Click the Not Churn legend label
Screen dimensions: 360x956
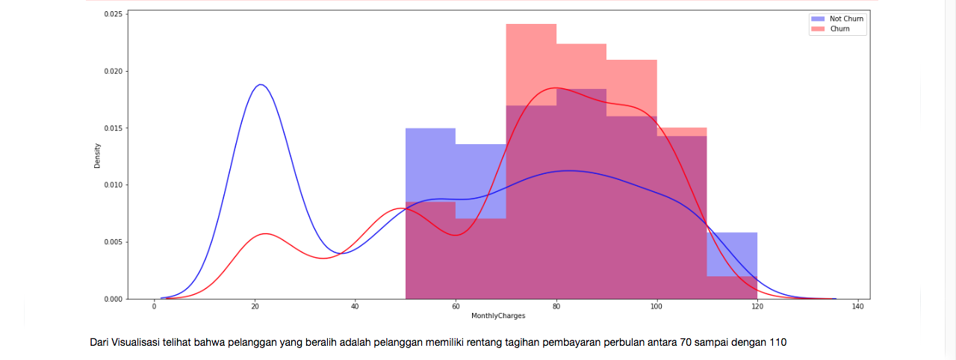point(846,19)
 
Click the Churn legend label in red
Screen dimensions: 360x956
point(839,29)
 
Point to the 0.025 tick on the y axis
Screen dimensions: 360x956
point(114,14)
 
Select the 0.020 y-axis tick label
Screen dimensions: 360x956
point(114,71)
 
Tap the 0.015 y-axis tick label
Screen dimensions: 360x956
point(114,128)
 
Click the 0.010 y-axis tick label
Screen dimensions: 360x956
point(114,184)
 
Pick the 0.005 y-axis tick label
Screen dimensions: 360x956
point(114,242)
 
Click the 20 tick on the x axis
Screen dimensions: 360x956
point(255,306)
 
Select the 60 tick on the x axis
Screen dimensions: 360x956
point(456,306)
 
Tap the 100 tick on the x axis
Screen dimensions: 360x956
point(657,306)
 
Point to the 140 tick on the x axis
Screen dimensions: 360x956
point(857,306)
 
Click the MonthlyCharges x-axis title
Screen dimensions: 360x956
point(498,316)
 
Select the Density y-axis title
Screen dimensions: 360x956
point(97,155)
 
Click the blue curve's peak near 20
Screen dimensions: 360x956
point(261,84)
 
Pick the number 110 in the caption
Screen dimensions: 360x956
point(777,343)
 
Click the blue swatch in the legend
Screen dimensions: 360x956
point(819,19)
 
